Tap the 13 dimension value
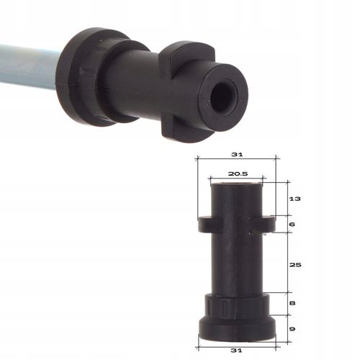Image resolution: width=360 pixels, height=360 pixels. [293, 198]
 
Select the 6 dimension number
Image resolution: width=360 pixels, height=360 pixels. [292, 224]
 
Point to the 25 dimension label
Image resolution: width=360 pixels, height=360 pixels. [293, 264]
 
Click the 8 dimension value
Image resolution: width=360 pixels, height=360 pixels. [292, 303]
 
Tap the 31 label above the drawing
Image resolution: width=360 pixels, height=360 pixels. [237, 153]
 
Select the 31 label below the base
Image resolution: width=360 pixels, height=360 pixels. [237, 350]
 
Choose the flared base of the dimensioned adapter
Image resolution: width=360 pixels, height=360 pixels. [237, 328]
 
